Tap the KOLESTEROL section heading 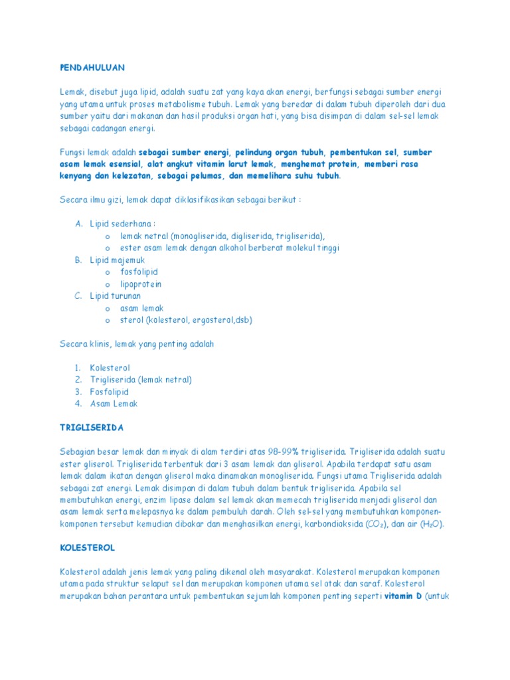coord(87,548)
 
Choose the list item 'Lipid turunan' coord(116,296)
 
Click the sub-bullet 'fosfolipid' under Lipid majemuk coord(139,272)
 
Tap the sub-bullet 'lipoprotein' coord(141,284)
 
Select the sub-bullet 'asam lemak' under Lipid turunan coord(141,307)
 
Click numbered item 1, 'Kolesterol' coord(110,367)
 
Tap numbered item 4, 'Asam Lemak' coord(114,403)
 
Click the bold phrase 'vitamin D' coord(402,596)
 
